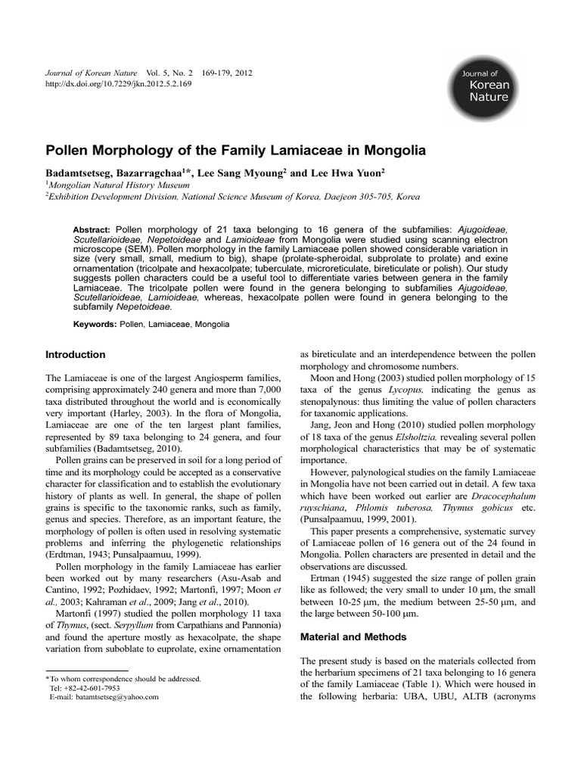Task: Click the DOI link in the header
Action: coord(119,84)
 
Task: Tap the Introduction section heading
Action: coord(76,354)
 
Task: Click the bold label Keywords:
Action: coord(95,324)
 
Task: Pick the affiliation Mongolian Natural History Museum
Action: coord(109,184)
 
